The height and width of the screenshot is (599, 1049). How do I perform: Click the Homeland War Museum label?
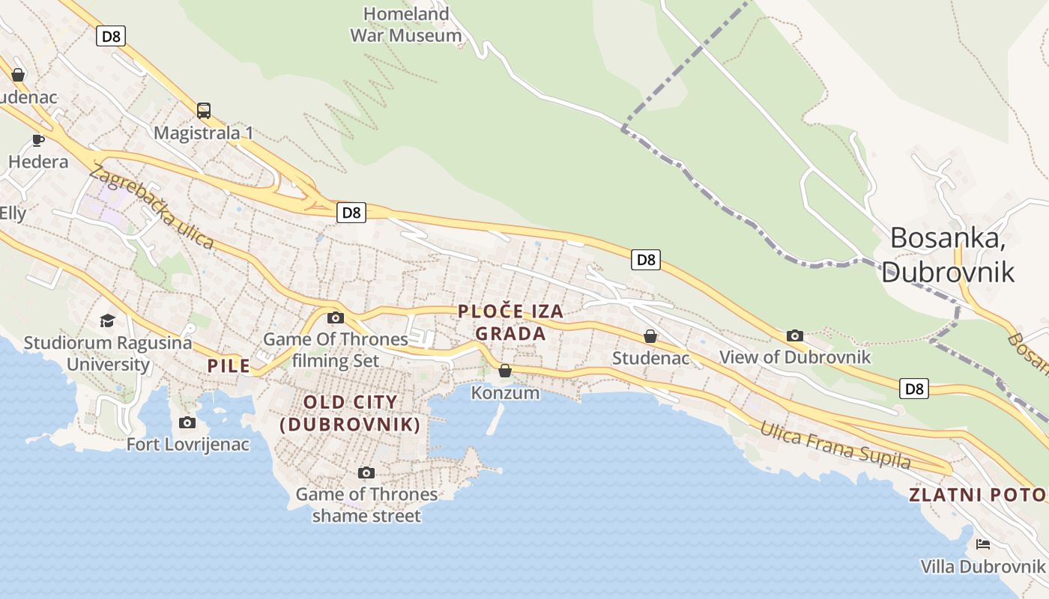click(406, 24)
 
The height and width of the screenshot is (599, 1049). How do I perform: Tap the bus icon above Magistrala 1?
click(204, 111)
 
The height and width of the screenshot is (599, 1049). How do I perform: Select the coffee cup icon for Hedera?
click(38, 140)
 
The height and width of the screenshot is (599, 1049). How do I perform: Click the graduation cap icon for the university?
click(108, 320)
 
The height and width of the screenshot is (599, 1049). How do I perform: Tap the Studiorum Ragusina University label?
click(108, 353)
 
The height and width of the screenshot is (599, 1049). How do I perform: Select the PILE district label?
click(229, 366)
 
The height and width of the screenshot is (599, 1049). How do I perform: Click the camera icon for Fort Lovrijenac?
click(187, 422)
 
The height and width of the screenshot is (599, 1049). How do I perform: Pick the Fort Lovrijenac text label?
click(187, 444)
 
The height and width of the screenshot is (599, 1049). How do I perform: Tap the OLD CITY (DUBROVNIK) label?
click(350, 413)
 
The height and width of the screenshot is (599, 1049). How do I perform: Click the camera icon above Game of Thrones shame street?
click(366, 472)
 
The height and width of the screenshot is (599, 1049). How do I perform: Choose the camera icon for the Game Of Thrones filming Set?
click(336, 317)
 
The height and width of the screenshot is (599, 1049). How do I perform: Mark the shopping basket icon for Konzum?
click(505, 371)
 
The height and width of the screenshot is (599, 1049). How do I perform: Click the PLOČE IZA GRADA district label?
click(510, 322)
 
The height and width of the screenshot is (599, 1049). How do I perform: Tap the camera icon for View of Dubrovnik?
click(795, 335)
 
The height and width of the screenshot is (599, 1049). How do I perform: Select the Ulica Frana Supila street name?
click(835, 446)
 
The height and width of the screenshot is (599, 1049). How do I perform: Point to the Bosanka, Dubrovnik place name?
click(948, 255)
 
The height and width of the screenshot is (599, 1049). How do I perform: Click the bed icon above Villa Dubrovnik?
click(983, 544)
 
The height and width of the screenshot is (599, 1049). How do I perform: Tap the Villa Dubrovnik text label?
click(982, 567)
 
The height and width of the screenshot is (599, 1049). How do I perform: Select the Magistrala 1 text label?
click(203, 133)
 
